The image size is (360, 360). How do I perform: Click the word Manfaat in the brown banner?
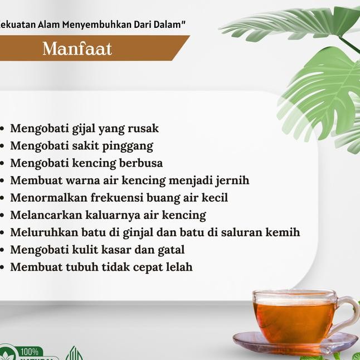77,48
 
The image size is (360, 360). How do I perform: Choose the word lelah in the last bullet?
179,267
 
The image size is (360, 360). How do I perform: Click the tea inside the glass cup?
293,320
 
